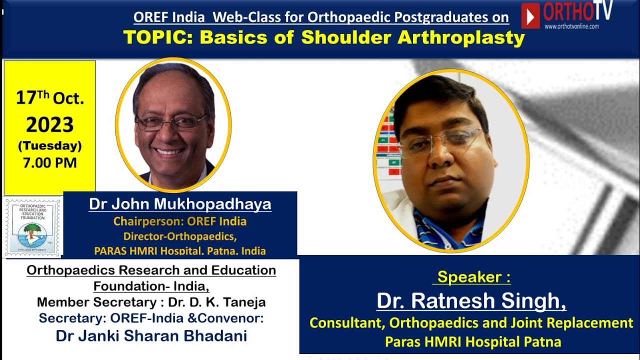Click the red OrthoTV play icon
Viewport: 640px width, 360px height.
pyautogui.click(x=530, y=15)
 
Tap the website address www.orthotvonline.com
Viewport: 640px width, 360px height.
pyautogui.click(x=571, y=26)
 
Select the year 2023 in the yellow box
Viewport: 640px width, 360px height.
pyautogui.click(x=50, y=125)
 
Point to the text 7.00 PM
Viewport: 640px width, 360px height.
pyautogui.click(x=50, y=162)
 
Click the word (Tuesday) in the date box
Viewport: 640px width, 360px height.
pyautogui.click(x=50, y=146)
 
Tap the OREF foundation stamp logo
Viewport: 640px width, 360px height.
pyautogui.click(x=33, y=227)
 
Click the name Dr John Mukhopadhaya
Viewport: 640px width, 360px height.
pyautogui.click(x=180, y=204)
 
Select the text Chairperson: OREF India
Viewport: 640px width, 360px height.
pyautogui.click(x=180, y=221)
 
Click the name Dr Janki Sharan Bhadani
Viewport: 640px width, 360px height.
pyautogui.click(x=151, y=335)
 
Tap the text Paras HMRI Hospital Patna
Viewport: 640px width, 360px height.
pyautogui.click(x=472, y=342)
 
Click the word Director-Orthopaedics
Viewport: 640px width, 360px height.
pyautogui.click(x=180, y=236)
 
